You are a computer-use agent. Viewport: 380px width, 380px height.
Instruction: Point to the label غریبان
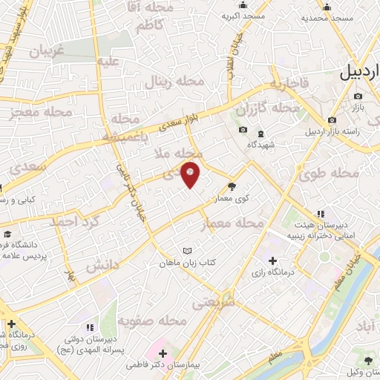pyautogui.click(x=47, y=50)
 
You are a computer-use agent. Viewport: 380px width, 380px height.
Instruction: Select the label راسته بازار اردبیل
pyautogui.click(x=338, y=132)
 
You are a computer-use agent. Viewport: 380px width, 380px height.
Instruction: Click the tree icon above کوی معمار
pyautogui.click(x=232, y=187)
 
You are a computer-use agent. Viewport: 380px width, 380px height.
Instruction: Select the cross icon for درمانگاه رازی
pyautogui.click(x=273, y=261)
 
